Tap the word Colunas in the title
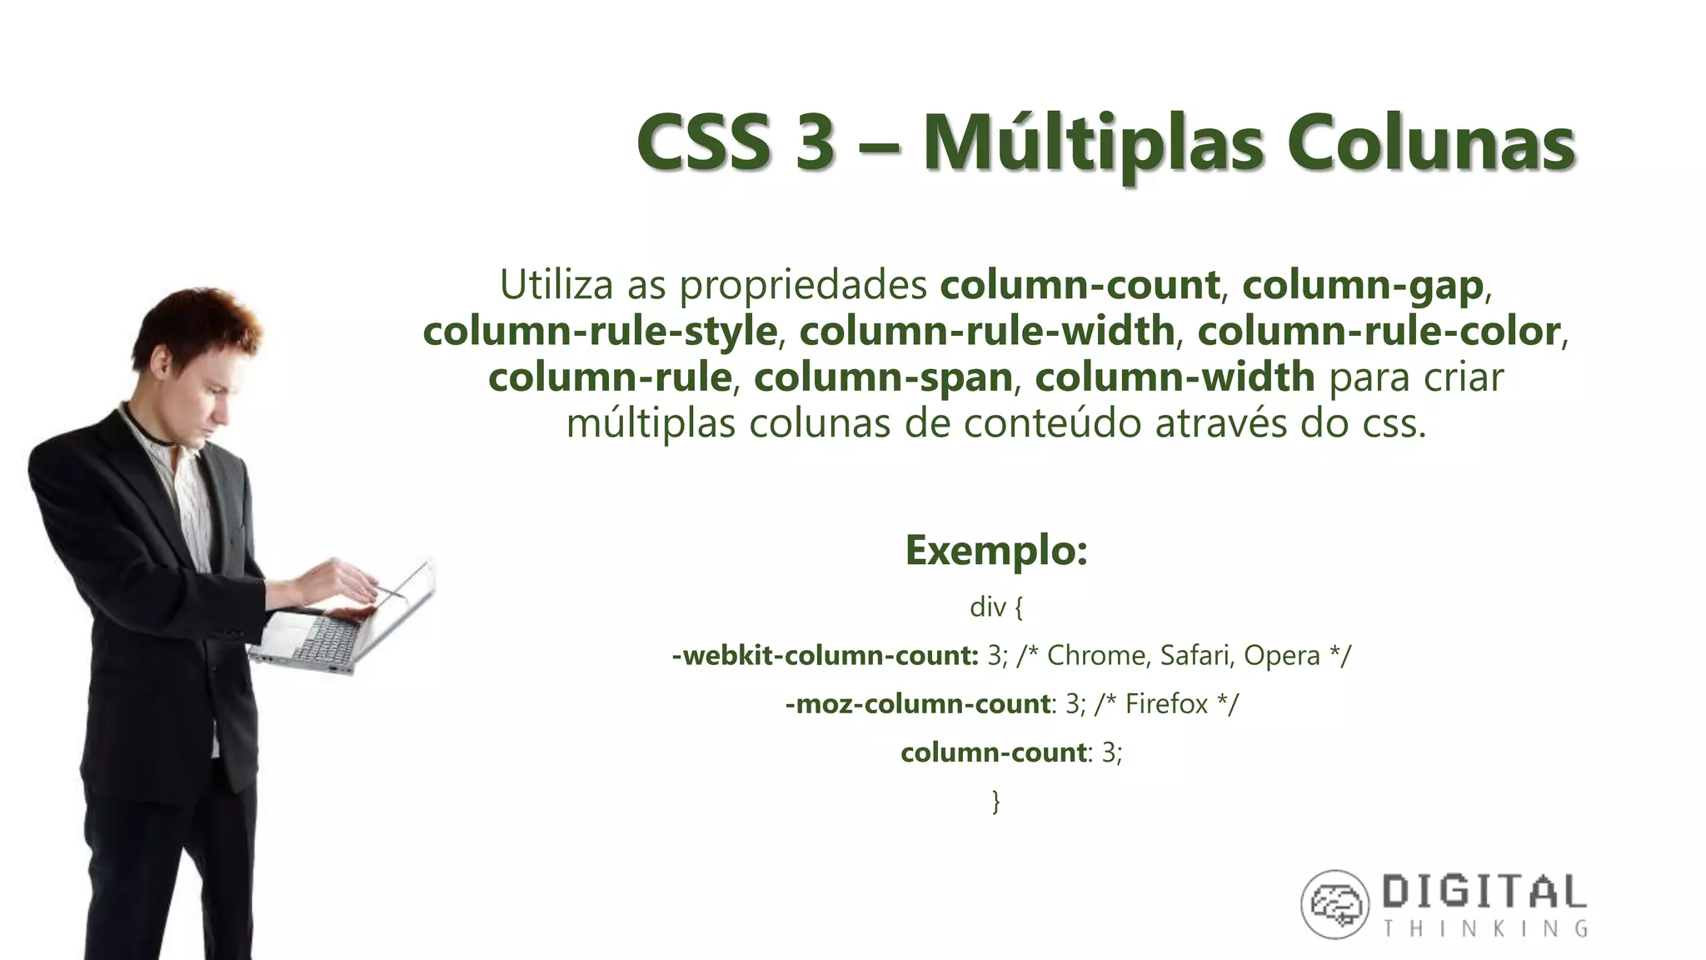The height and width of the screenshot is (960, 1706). tap(1430, 142)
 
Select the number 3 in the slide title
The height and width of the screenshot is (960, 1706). tap(814, 142)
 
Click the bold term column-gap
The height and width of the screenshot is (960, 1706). tap(1363, 285)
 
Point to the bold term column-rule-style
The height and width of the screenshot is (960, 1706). tap(600, 332)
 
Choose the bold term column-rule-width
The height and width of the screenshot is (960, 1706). tap(987, 332)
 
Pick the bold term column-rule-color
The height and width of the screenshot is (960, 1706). tap(1379, 332)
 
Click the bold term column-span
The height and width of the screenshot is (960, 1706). tap(883, 377)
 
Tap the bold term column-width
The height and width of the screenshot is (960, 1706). tap(1175, 377)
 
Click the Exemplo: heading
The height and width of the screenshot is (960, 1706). tap(996, 550)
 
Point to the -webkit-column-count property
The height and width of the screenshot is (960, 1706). tap(825, 656)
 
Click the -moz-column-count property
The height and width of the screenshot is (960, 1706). tap(917, 704)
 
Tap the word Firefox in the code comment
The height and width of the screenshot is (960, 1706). tap(1166, 704)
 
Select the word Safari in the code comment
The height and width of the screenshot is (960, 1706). tap(1196, 656)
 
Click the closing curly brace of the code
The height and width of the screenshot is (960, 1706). tap(996, 801)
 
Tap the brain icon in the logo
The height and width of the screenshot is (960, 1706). tap(1334, 904)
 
